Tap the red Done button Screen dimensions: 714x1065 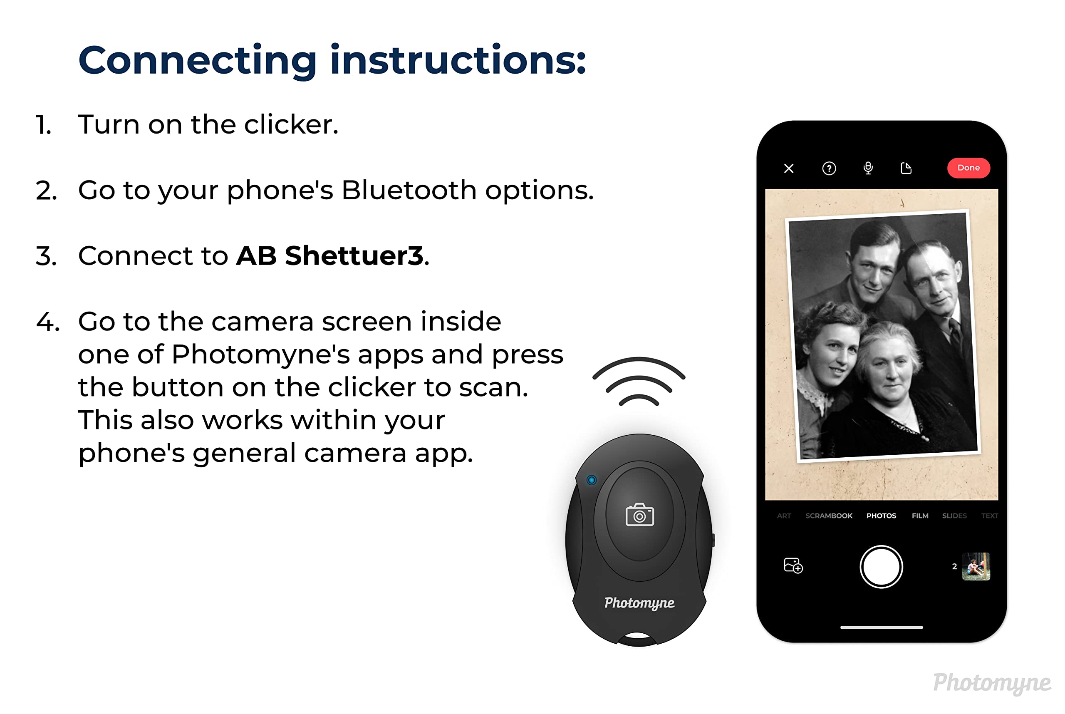pos(968,168)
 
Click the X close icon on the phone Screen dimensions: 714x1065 pos(789,169)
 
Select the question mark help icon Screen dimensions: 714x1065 pos(829,169)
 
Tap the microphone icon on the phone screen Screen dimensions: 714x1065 pos(868,169)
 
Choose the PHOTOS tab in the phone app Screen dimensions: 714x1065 pos(881,516)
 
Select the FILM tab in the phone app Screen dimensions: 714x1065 pos(920,516)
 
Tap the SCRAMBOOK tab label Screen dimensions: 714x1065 pos(828,516)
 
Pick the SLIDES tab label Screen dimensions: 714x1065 pos(954,516)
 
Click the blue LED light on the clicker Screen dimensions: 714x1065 pos(591,480)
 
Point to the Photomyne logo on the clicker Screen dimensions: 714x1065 pos(639,603)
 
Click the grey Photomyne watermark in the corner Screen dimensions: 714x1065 pos(991,683)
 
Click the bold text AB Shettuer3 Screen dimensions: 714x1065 pos(329,255)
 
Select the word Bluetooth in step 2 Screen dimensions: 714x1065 pos(409,190)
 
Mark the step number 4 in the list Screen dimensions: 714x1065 pos(47,322)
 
